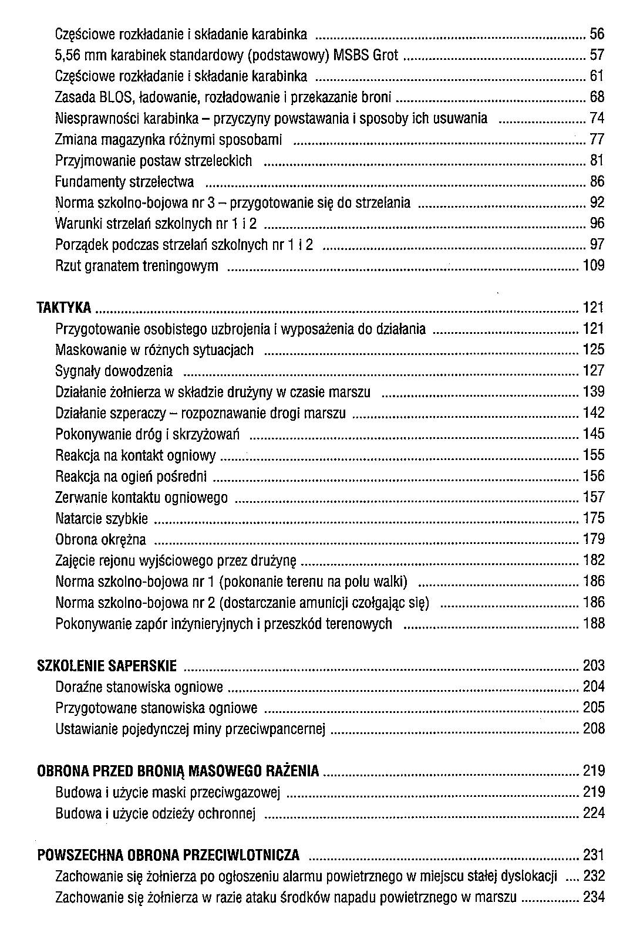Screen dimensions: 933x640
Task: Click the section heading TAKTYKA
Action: click(x=64, y=307)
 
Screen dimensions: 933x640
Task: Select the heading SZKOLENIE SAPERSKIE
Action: click(x=106, y=665)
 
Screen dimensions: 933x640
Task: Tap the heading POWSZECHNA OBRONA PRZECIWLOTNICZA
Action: click(x=169, y=854)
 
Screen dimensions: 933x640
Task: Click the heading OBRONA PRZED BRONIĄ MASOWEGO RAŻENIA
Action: click(x=178, y=770)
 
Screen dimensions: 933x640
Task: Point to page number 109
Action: click(x=594, y=266)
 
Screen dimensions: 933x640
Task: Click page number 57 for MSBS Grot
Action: click(x=597, y=55)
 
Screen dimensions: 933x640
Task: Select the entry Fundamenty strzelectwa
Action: click(x=124, y=182)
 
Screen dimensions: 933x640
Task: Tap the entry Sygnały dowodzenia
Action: click(x=114, y=371)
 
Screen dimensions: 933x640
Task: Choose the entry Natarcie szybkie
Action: click(x=102, y=519)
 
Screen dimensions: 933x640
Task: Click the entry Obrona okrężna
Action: click(x=100, y=539)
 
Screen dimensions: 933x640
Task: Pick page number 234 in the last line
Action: click(x=594, y=897)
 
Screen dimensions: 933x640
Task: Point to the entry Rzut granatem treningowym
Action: click(x=137, y=266)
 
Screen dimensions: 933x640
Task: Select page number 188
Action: click(x=594, y=623)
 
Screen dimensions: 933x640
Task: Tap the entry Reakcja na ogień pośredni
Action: click(x=131, y=476)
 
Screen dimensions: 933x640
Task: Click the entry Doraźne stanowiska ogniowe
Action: click(x=139, y=687)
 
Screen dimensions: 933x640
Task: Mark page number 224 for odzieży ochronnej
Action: click(x=594, y=813)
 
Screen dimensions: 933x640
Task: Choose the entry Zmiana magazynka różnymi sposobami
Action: click(x=169, y=140)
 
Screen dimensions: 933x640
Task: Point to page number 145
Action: click(x=594, y=434)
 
